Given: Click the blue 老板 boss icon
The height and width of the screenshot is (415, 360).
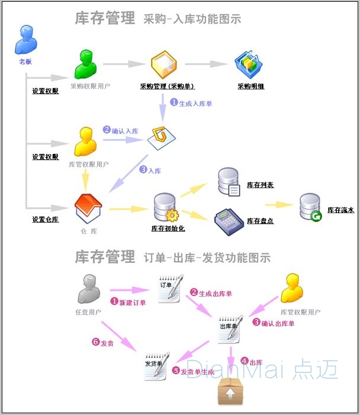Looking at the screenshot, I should point(25,40).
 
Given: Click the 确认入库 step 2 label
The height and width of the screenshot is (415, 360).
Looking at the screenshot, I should point(123,130).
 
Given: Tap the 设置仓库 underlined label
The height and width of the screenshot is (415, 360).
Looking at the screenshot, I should point(46,220).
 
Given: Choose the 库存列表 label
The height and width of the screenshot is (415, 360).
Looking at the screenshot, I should point(260,185).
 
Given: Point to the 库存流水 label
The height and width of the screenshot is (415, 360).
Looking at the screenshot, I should point(340,210).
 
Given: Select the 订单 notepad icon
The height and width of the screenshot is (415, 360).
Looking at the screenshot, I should point(168,289).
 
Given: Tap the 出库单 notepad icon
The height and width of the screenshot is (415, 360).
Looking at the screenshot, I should point(230,329).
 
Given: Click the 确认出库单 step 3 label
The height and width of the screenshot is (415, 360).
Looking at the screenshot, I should point(274,323).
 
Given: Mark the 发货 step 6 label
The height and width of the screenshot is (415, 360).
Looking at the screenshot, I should point(102,342).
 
